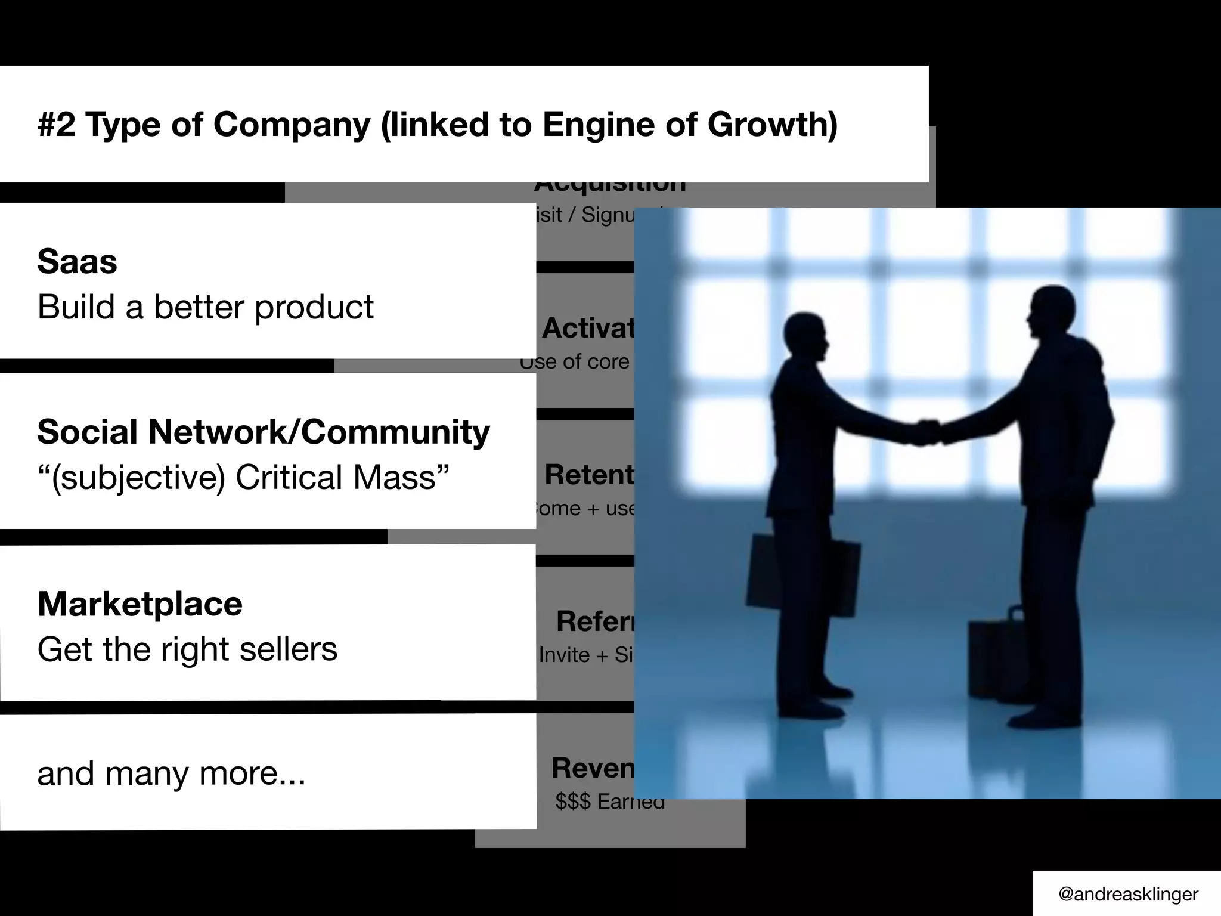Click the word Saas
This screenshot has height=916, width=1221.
(77, 262)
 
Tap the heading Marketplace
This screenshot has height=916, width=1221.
(140, 604)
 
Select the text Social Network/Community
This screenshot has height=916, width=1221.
(263, 432)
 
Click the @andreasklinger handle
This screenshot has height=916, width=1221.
(1128, 894)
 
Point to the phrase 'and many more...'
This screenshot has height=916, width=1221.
(171, 773)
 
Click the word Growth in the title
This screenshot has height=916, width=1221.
(772, 125)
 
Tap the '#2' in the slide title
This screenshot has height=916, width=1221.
(57, 125)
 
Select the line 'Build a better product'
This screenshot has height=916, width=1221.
(205, 307)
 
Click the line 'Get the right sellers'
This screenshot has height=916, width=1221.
(187, 649)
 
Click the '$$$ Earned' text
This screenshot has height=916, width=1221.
(609, 802)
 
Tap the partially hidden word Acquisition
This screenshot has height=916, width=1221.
(609, 186)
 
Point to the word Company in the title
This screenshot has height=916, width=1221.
(292, 125)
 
